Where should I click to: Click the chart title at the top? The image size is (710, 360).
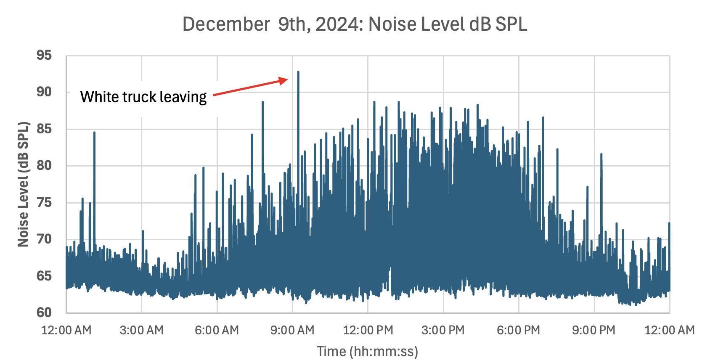point(355,24)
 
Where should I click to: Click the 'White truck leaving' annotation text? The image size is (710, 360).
point(143,97)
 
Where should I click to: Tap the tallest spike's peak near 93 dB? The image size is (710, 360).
point(298,72)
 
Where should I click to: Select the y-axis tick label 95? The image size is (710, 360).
point(44,55)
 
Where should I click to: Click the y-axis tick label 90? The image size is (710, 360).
point(44,92)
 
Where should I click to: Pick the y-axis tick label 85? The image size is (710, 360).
point(44,129)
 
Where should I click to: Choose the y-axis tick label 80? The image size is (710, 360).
point(44,165)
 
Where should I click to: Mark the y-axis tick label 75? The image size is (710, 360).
point(44,202)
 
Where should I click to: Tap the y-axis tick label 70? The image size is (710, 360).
point(44,239)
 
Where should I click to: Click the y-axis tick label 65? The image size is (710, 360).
point(44,276)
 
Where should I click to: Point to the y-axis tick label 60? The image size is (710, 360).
point(44,312)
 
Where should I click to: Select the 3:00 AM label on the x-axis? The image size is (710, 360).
point(142,330)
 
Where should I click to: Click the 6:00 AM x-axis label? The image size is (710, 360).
point(217,330)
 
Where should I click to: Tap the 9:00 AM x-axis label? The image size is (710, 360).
point(292,330)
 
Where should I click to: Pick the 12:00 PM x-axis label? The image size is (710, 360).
point(368,330)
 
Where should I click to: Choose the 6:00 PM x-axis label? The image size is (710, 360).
point(518,330)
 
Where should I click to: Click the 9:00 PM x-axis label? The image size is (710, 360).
point(593,330)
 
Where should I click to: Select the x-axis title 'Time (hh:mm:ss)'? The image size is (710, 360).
point(368,351)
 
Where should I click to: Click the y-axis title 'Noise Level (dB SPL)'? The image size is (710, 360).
point(24,184)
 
